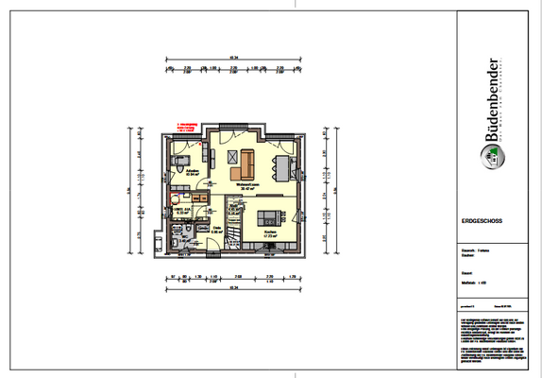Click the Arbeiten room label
pos(190,172)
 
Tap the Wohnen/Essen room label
pos(248,185)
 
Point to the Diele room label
pos(215,229)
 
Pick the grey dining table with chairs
pos(284,167)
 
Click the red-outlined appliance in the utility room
pos(175,198)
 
